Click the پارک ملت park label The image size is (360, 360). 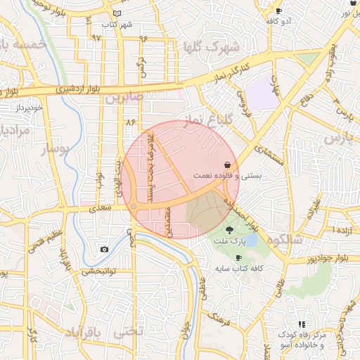(231, 242)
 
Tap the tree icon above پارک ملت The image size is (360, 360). (230, 230)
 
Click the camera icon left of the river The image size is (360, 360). (105, 249)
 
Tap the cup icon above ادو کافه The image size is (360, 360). (278, 11)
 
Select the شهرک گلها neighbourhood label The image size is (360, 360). (211, 47)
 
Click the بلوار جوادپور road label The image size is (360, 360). (310, 259)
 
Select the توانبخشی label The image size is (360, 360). (98, 271)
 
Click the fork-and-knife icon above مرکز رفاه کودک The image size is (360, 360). (302, 324)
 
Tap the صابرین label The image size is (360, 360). (124, 96)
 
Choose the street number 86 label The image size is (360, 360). (130, 122)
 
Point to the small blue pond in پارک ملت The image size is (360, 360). (251, 241)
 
